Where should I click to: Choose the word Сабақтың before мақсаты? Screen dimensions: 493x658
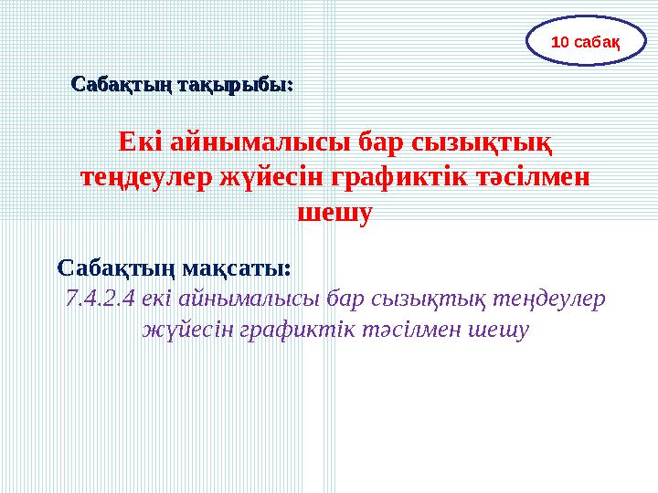(x=118, y=268)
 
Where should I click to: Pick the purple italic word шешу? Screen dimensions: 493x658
(x=499, y=329)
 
